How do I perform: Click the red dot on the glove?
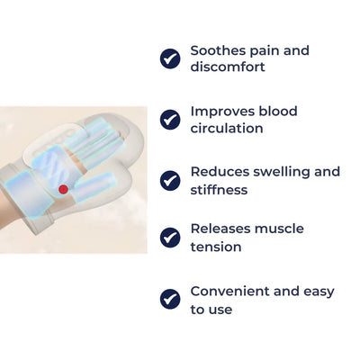[x=63, y=189]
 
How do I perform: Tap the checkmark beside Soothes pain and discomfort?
[x=170, y=58]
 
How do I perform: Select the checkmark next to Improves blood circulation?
[x=170, y=119]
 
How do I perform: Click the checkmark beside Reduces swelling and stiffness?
[x=170, y=180]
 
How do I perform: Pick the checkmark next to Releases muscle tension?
[x=170, y=238]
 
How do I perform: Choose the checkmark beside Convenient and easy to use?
[x=170, y=299]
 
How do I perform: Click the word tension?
[x=216, y=247]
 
